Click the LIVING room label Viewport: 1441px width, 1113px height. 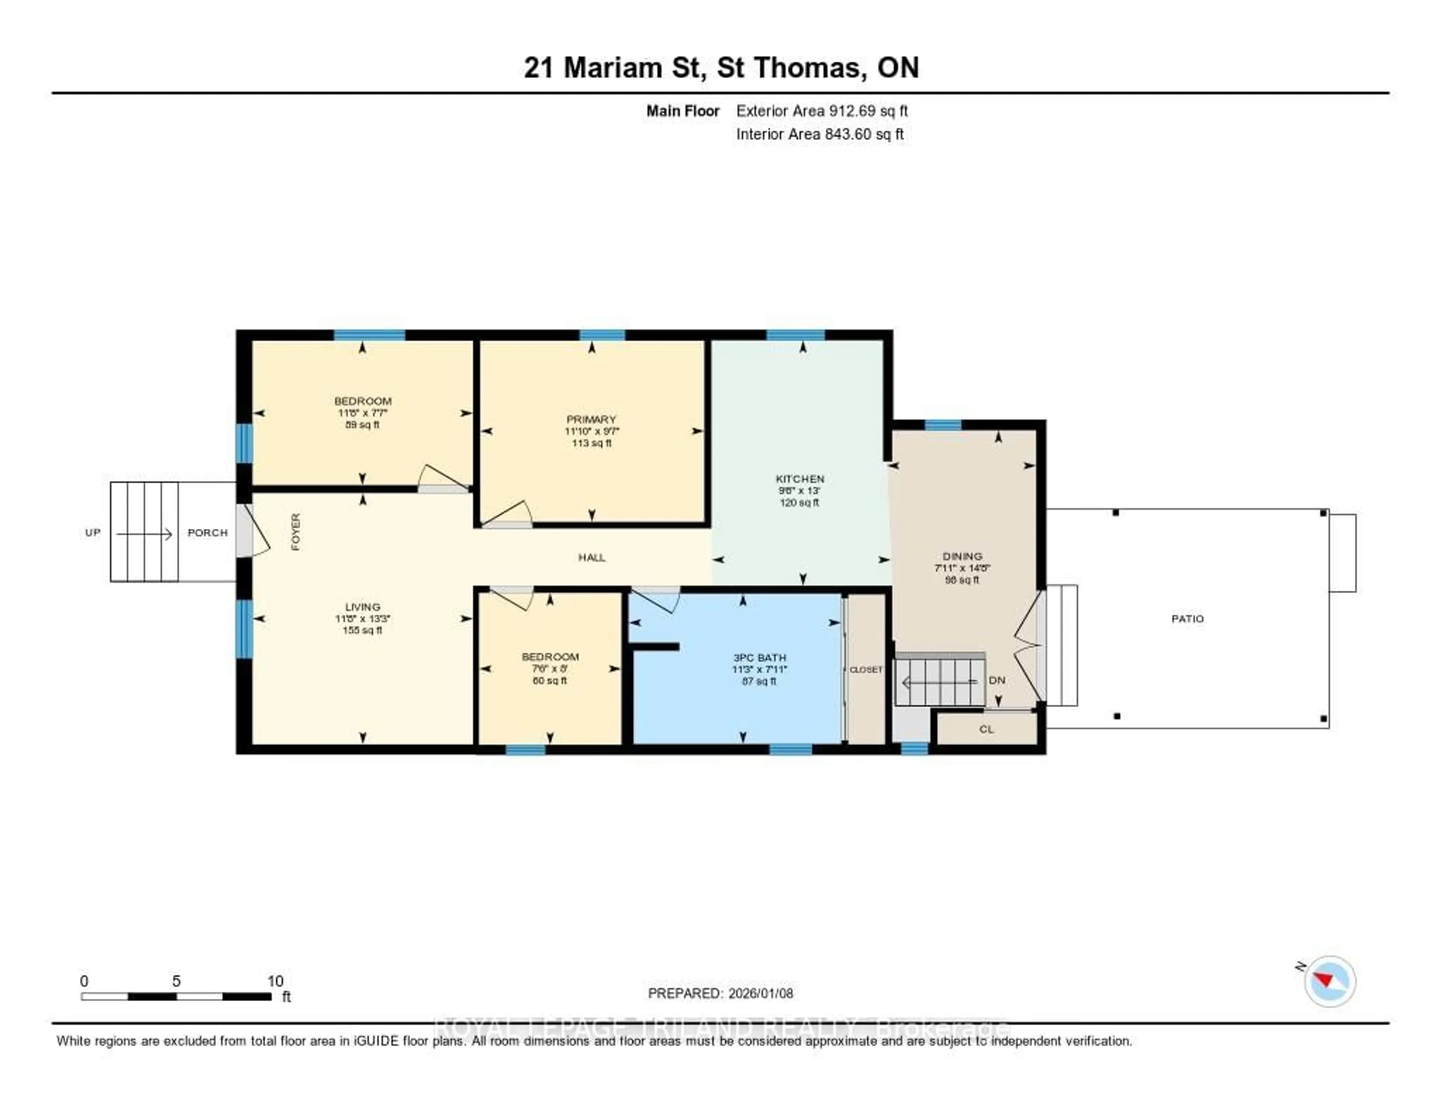pyautogui.click(x=362, y=607)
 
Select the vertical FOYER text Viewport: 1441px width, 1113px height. pyautogui.click(x=296, y=532)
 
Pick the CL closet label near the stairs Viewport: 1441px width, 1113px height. pyautogui.click(x=986, y=729)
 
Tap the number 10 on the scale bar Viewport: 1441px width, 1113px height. pyautogui.click(x=275, y=981)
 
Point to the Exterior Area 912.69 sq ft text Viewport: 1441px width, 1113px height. pyautogui.click(x=821, y=111)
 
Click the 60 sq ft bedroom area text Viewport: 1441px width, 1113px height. pyautogui.click(x=550, y=681)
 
